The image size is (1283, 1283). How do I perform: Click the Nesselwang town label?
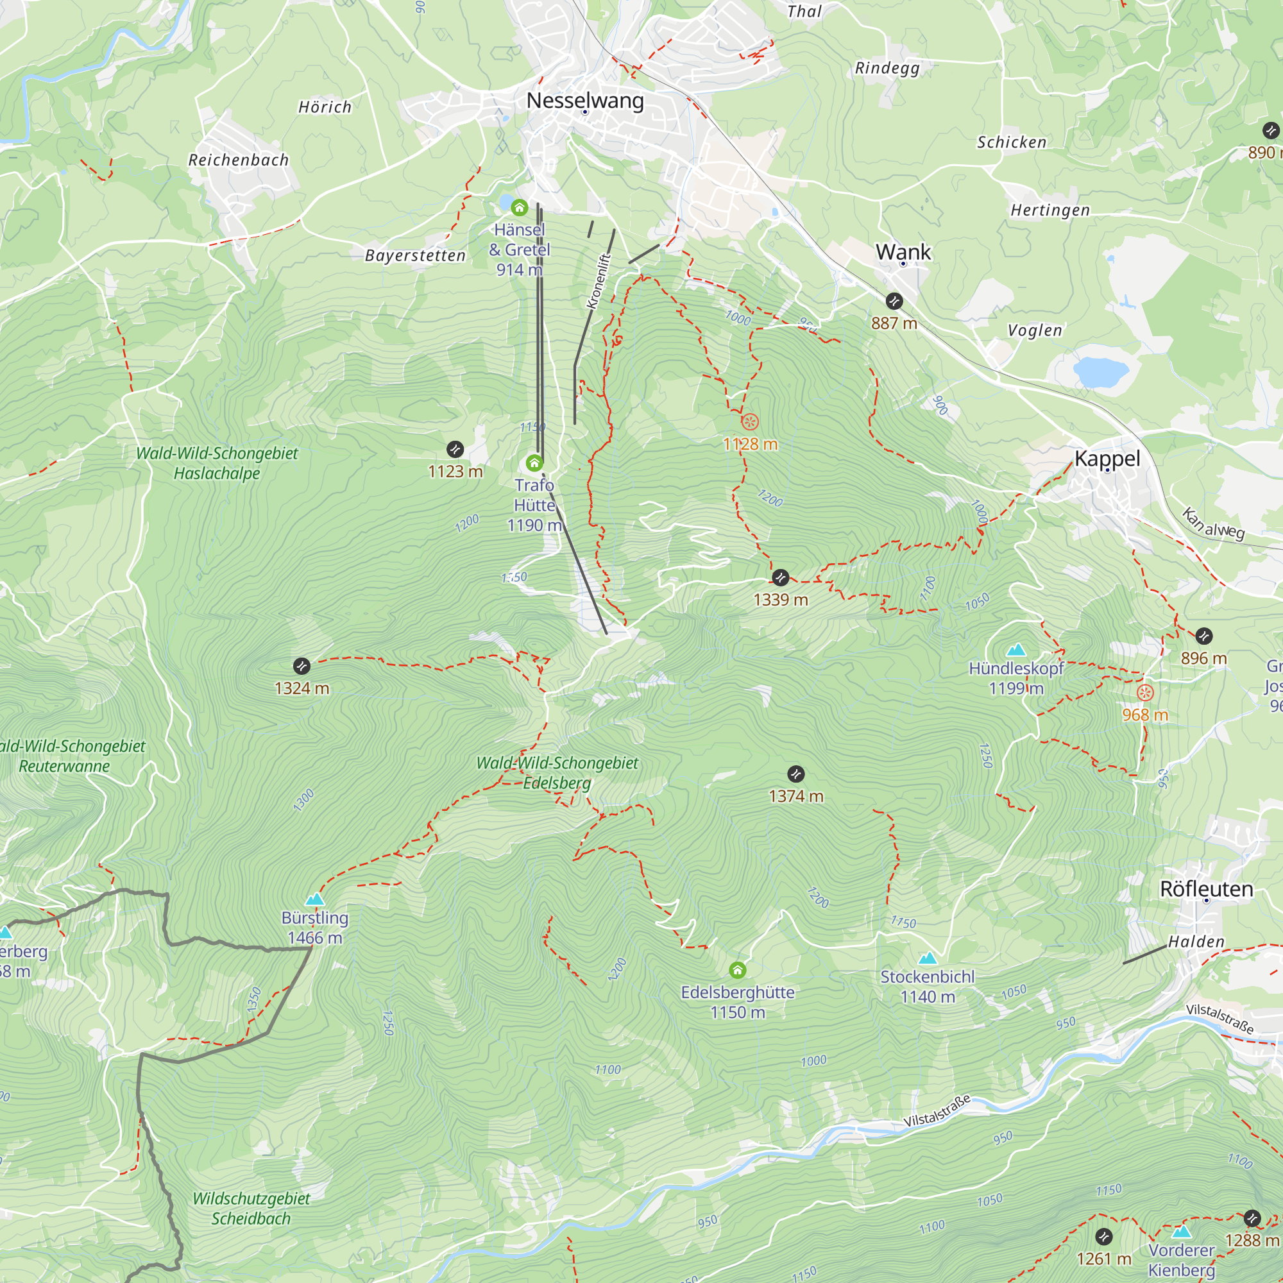(x=585, y=100)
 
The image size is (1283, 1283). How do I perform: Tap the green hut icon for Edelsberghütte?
(x=737, y=970)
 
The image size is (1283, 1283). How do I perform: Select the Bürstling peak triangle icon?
(x=315, y=899)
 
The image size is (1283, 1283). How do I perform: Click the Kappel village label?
(x=1107, y=458)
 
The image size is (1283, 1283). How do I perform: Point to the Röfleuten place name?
(x=1206, y=888)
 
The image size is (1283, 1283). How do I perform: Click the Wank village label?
(x=903, y=251)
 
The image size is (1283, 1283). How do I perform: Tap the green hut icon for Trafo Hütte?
(x=534, y=462)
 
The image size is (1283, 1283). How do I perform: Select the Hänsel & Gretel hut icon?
(x=520, y=208)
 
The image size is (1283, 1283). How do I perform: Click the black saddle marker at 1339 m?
(x=780, y=577)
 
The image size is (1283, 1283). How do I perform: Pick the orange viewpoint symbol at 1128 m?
(x=750, y=421)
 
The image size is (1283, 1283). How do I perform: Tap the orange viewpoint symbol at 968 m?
(x=1145, y=693)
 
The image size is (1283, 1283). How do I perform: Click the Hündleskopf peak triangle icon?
(x=1015, y=649)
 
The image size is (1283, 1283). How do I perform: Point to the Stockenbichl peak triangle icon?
(x=927, y=958)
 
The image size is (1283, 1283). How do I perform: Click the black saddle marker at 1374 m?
(x=795, y=774)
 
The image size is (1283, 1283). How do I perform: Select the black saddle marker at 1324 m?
(x=302, y=665)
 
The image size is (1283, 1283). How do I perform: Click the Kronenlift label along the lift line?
(x=599, y=281)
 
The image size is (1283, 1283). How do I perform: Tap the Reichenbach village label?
(x=239, y=160)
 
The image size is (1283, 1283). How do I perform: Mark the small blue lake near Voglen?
(x=1100, y=372)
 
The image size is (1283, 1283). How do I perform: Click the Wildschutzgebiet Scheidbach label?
(x=251, y=1208)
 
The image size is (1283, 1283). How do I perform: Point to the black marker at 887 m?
(x=894, y=301)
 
